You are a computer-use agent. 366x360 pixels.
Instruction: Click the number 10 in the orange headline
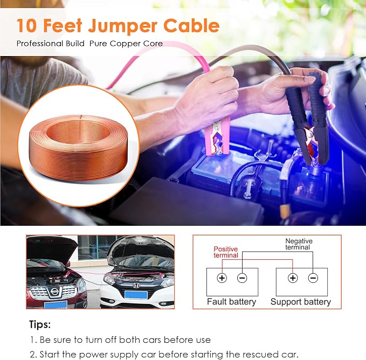(x=26, y=25)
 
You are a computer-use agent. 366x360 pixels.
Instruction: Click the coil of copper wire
(x=79, y=148)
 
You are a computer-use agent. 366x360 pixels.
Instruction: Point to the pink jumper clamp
(x=217, y=135)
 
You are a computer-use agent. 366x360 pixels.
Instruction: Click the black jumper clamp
(x=308, y=121)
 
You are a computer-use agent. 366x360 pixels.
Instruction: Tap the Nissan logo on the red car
(x=54, y=291)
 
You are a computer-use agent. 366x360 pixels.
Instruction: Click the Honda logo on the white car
(x=136, y=285)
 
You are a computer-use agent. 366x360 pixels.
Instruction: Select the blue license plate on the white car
(x=136, y=295)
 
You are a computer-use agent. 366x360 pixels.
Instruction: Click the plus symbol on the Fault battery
(x=222, y=278)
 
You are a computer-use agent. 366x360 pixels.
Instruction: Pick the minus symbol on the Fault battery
(x=242, y=278)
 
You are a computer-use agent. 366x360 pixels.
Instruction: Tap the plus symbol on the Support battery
(x=293, y=278)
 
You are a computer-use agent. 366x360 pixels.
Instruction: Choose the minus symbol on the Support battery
(x=313, y=278)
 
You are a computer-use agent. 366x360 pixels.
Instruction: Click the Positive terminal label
(x=226, y=252)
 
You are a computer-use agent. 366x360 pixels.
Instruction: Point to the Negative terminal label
(x=299, y=244)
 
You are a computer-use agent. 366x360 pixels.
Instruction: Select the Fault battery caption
(x=232, y=302)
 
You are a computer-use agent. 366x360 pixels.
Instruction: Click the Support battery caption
(x=301, y=302)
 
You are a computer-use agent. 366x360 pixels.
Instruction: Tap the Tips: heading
(x=40, y=325)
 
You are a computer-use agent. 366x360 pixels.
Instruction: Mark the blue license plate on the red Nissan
(x=56, y=304)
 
